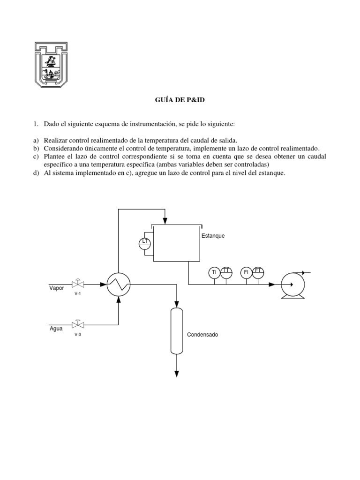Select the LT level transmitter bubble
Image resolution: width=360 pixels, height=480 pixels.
[144, 242]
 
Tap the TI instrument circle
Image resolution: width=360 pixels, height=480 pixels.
[214, 272]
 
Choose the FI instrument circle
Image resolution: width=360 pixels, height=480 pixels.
[246, 272]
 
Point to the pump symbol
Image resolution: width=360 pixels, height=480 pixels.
[292, 285]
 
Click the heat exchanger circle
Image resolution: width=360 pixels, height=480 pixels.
[119, 284]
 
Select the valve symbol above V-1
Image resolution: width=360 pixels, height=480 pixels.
[78, 284]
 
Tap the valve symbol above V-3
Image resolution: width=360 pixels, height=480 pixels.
[78, 324]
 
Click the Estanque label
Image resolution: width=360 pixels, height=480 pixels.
[213, 236]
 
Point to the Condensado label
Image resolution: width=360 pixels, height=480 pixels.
[202, 335]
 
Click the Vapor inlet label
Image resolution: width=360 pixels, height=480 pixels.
[57, 288]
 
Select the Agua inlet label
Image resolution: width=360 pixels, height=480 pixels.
[56, 328]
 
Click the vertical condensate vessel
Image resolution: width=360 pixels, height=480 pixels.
[177, 330]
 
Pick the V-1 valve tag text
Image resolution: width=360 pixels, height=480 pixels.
[78, 294]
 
